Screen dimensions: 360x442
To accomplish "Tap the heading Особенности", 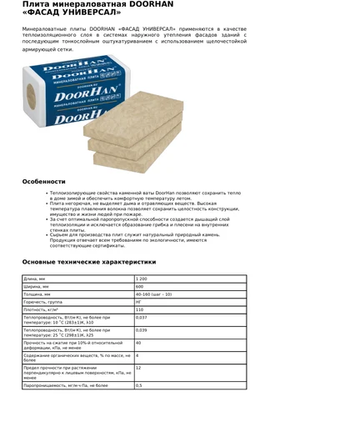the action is point(43,181).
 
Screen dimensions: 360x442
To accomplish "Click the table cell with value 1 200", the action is point(142,279).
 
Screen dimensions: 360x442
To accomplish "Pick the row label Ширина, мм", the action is point(37,287).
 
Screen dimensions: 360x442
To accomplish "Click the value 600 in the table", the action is point(140,287).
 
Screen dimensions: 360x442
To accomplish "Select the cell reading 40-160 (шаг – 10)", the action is point(153,294).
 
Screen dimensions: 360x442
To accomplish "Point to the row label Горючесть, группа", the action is point(45,302).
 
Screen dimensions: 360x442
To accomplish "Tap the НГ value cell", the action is point(138,302).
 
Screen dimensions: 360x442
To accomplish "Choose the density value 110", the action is point(140,310).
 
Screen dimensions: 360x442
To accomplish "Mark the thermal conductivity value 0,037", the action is point(142,318).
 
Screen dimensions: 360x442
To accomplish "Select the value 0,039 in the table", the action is point(142,330).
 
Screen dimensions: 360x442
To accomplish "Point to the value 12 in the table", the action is point(138,368).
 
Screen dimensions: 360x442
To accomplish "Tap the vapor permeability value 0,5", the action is point(139,385).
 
